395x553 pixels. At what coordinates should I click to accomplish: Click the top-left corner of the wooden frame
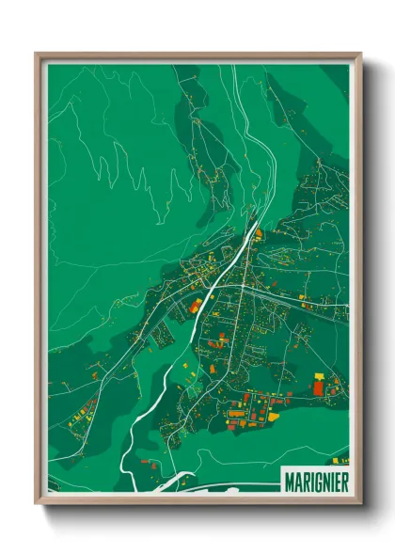tap(37, 54)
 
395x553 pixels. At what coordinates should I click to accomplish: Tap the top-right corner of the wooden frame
tap(360, 54)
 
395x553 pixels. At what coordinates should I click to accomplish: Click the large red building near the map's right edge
tap(318, 387)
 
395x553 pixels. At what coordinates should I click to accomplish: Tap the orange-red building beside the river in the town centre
tap(195, 305)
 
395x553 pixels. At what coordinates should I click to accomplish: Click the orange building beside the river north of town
tap(258, 234)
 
